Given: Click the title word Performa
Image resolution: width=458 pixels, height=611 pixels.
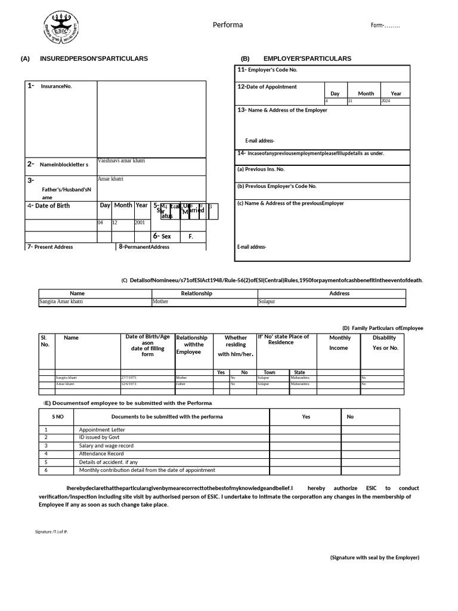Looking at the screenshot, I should [x=228, y=25].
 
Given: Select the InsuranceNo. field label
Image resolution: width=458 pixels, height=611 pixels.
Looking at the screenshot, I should [x=56, y=87].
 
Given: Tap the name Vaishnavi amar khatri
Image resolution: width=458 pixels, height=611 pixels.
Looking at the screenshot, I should [x=121, y=161].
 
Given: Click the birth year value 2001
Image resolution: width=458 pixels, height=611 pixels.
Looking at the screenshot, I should [x=140, y=223].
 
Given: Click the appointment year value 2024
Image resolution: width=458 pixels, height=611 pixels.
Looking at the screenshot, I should [x=386, y=101].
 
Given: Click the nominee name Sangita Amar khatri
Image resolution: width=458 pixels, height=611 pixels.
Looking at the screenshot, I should [x=61, y=302].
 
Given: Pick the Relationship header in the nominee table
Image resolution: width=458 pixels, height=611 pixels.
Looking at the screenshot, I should [x=196, y=294].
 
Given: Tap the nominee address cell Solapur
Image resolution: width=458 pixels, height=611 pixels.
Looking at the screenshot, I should [x=267, y=302].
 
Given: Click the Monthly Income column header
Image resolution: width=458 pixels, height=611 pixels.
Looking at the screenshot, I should [x=340, y=342].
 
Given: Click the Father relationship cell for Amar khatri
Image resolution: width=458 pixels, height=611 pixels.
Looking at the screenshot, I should [x=181, y=384].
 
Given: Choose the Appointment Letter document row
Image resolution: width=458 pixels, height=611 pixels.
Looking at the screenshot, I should [x=102, y=430].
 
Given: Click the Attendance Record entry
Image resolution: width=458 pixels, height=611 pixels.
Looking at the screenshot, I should [x=101, y=453].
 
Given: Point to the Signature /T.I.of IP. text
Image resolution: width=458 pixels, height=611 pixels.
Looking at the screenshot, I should [x=51, y=531].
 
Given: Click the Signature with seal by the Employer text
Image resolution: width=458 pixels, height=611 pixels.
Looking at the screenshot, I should [x=375, y=557].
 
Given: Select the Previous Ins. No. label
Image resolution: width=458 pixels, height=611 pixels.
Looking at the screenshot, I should [x=261, y=169].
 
